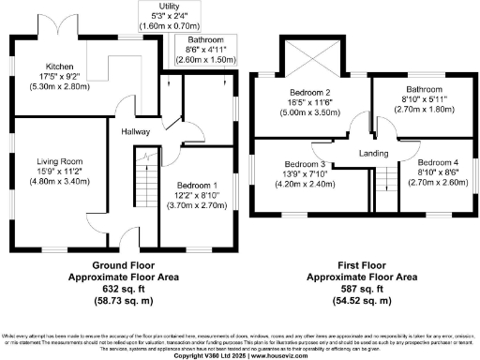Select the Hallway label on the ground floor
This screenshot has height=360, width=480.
(x=137, y=131)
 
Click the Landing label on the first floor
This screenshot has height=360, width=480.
(x=372, y=153)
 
